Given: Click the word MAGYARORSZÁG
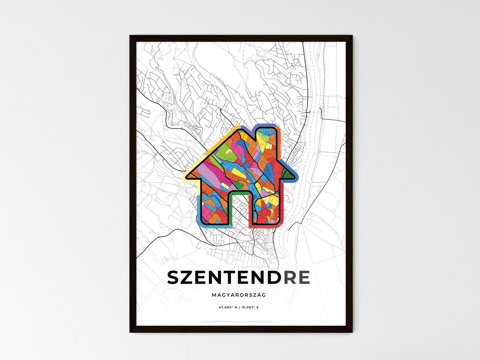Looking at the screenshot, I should [x=239, y=295].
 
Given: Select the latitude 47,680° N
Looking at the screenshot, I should [x=228, y=308].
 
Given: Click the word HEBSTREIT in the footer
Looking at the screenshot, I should [x=218, y=321].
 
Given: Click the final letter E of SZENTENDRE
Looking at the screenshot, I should [x=304, y=278].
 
